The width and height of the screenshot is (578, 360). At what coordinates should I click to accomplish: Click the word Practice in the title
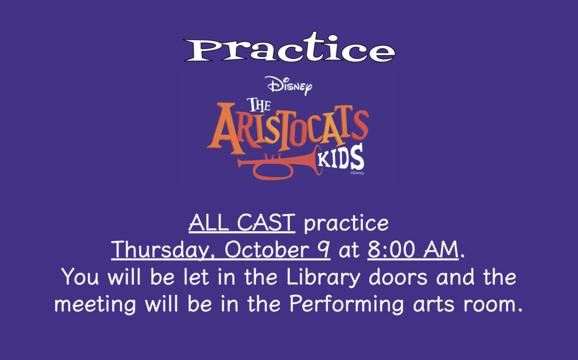click(x=289, y=50)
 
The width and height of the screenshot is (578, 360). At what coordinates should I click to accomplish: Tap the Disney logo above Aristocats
click(x=288, y=86)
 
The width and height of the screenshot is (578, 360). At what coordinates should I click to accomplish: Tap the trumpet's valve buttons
click(x=272, y=156)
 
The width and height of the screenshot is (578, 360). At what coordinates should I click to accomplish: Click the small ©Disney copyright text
click(x=357, y=173)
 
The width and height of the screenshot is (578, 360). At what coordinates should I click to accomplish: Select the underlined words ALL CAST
click(x=242, y=223)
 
